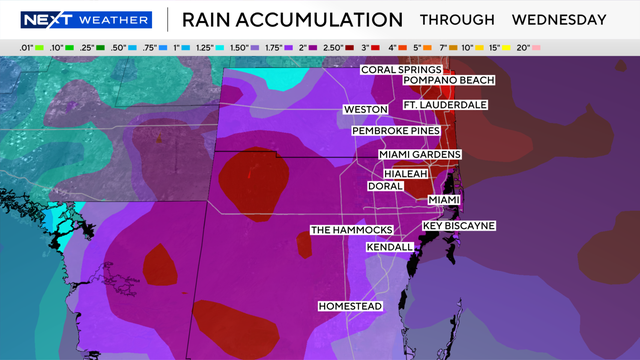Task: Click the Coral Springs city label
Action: [x=397, y=69]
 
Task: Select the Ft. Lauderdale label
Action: [x=445, y=105]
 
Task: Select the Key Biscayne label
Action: [x=459, y=226]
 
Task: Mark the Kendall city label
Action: [x=390, y=246]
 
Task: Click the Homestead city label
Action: [x=350, y=306]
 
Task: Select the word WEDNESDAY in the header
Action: [x=559, y=19]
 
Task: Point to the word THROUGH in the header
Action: [x=457, y=19]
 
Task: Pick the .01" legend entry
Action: [x=27, y=47]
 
